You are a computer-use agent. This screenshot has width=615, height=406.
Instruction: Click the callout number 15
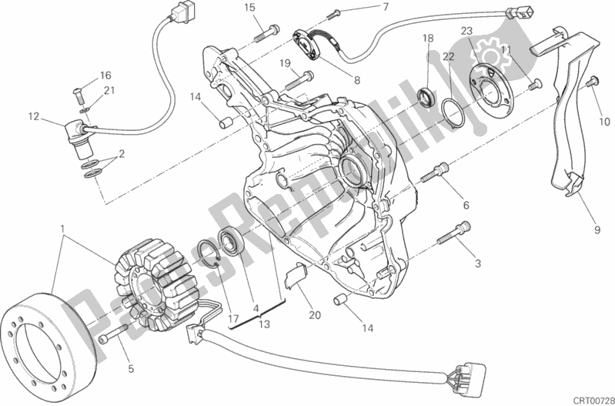249,8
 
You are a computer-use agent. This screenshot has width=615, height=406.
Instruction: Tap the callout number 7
385,8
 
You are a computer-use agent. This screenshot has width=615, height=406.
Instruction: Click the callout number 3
477,264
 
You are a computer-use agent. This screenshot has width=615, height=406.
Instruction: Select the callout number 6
466,205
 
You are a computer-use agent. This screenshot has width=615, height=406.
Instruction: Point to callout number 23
466,31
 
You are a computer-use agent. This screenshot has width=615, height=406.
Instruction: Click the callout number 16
105,75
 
